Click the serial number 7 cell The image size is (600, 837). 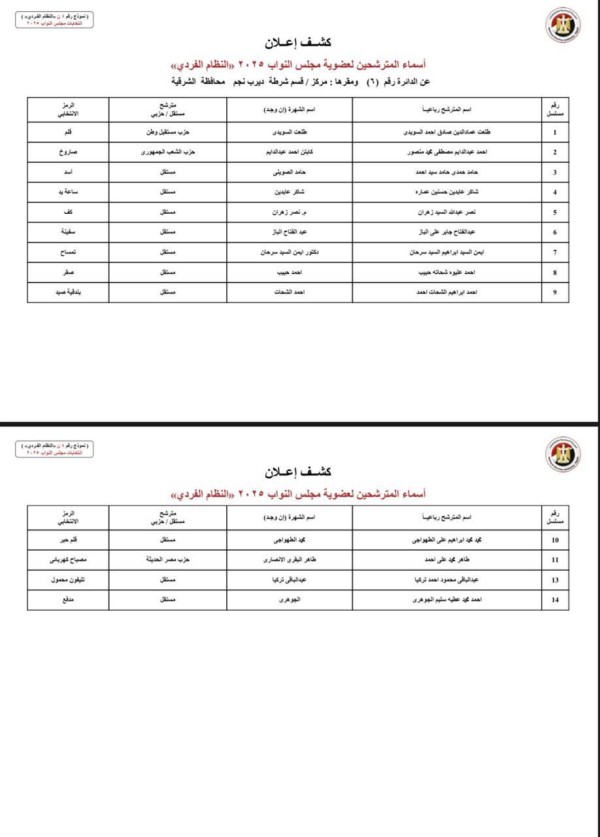(x=555, y=252)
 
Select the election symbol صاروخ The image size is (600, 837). (x=68, y=152)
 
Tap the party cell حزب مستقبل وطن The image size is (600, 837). (x=167, y=132)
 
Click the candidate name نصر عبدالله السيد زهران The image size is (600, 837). (x=447, y=213)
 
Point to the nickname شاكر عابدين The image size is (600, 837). (x=290, y=192)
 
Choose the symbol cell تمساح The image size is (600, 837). (x=68, y=252)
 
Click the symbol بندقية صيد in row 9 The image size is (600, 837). (x=68, y=292)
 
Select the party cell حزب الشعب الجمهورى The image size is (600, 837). (x=167, y=152)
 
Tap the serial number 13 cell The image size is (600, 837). (x=555, y=580)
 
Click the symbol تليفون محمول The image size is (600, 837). (x=68, y=580)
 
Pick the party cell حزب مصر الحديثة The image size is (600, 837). (x=167, y=560)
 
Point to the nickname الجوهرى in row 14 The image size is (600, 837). (x=290, y=600)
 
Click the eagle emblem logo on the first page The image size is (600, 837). (x=563, y=25)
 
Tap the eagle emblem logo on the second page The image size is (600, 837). (x=563, y=453)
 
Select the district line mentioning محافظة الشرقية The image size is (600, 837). (x=300, y=82)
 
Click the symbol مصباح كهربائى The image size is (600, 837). (x=68, y=560)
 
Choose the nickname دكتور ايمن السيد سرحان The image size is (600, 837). (x=290, y=252)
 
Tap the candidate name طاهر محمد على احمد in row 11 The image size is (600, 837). (x=447, y=560)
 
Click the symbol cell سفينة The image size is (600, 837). (x=68, y=232)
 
